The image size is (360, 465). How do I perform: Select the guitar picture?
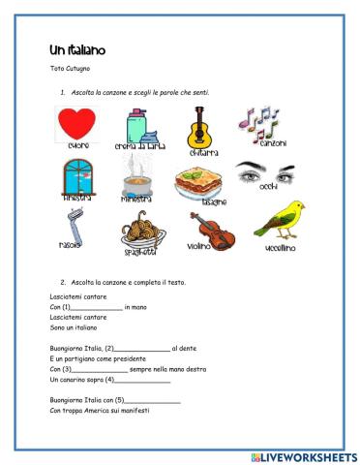pyautogui.click(x=200, y=127)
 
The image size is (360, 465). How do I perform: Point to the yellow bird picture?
pyautogui.click(x=279, y=220)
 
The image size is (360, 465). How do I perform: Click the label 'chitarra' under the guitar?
pyautogui.click(x=200, y=153)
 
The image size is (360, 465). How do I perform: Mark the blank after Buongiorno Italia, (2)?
pyautogui.click(x=142, y=348)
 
